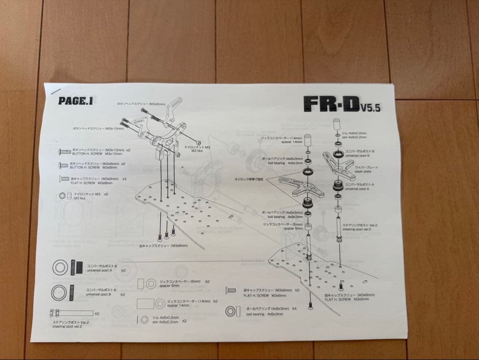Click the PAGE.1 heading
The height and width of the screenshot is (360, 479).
(x=75, y=101)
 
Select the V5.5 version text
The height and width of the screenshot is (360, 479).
(x=370, y=107)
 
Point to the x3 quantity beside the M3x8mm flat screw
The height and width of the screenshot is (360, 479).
(x=124, y=179)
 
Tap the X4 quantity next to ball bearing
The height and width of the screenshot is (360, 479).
(x=294, y=308)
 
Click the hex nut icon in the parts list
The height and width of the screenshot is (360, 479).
(x=65, y=196)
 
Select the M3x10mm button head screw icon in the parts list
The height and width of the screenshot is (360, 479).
(x=64, y=152)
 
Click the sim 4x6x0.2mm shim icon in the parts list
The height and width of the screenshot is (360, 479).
(x=145, y=320)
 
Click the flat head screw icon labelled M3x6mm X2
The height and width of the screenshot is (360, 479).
(x=231, y=290)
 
